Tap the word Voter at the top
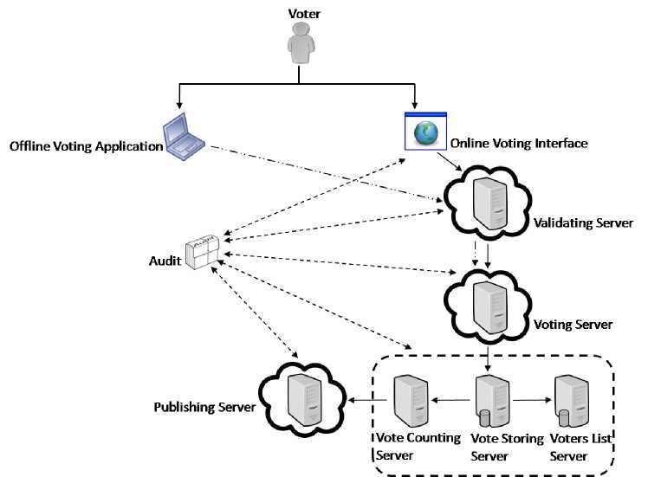(x=299, y=11)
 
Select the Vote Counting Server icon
(x=409, y=400)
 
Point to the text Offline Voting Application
(x=86, y=145)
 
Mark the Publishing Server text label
(x=203, y=407)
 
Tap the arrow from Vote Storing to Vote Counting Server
(x=450, y=401)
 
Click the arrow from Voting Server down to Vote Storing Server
(x=489, y=357)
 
